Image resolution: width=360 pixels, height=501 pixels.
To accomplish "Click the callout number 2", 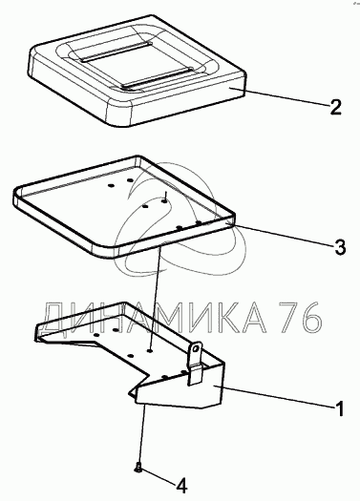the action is click(335, 107).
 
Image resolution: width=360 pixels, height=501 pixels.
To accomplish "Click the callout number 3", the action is click(340, 246).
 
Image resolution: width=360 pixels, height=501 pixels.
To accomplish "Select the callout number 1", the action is click(340, 408).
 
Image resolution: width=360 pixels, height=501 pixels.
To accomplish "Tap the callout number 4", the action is click(181, 487).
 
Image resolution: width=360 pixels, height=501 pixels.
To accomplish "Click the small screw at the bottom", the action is click(138, 468).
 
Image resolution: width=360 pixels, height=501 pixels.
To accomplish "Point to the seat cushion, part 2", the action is click(138, 71).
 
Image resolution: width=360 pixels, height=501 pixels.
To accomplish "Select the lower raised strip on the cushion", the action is click(158, 78).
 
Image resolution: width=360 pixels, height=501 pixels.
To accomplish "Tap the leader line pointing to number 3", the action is click(281, 234).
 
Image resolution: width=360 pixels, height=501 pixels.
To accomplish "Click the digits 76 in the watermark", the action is click(300, 317).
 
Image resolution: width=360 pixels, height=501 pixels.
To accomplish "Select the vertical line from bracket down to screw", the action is click(142, 434).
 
